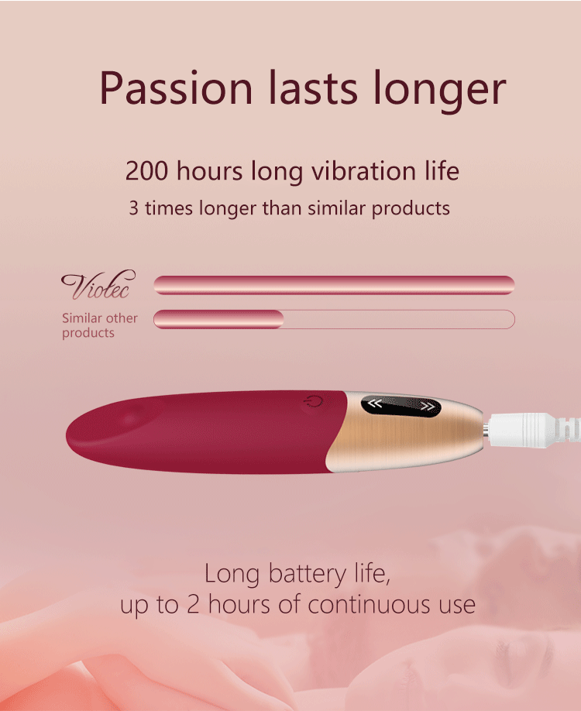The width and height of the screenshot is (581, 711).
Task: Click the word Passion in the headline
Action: pyautogui.click(x=176, y=88)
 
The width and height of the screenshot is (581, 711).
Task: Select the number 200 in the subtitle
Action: pyautogui.click(x=146, y=171)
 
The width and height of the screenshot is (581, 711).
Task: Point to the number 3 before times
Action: pyautogui.click(x=133, y=208)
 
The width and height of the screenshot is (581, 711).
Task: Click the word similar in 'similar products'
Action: pyautogui.click(x=336, y=208)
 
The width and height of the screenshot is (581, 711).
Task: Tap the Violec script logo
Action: pyautogui.click(x=98, y=285)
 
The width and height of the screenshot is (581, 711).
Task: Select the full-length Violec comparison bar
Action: pyautogui.click(x=334, y=285)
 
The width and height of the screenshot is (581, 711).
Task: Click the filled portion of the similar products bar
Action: pyautogui.click(x=218, y=319)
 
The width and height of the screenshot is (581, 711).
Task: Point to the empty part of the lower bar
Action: pyautogui.click(x=399, y=319)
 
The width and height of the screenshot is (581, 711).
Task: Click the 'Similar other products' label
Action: pyautogui.click(x=100, y=325)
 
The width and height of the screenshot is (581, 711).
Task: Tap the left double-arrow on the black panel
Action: pyautogui.click(x=375, y=403)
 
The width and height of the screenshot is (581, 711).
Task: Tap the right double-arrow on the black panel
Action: pyautogui.click(x=427, y=406)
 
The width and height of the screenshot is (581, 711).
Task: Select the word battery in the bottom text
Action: pyautogui.click(x=307, y=574)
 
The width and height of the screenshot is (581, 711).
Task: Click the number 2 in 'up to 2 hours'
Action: pyautogui.click(x=193, y=605)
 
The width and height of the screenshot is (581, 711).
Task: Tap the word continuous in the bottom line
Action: pyautogui.click(x=370, y=605)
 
